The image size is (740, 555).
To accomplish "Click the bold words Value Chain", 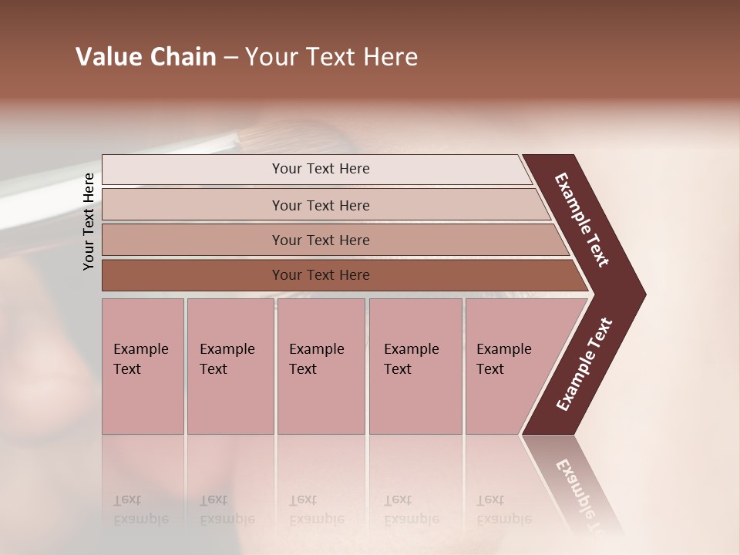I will pyautogui.click(x=146, y=57).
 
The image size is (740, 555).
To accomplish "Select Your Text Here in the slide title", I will pyautogui.click(x=331, y=57).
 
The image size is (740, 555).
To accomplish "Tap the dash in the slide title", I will pyautogui.click(x=230, y=58).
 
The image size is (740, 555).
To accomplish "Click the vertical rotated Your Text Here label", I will pyautogui.click(x=89, y=221).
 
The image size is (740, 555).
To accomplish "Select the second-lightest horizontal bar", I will pyautogui.click(x=320, y=205).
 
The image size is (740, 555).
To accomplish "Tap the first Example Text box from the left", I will pyautogui.click(x=143, y=366).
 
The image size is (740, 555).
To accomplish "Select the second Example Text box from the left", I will pyautogui.click(x=230, y=366).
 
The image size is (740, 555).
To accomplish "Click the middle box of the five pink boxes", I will pyautogui.click(x=321, y=366).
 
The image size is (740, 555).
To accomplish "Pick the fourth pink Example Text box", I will pyautogui.click(x=415, y=366).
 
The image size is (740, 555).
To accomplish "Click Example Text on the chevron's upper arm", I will pyautogui.click(x=582, y=220).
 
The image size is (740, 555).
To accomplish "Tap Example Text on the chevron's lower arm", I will pyautogui.click(x=584, y=365).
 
